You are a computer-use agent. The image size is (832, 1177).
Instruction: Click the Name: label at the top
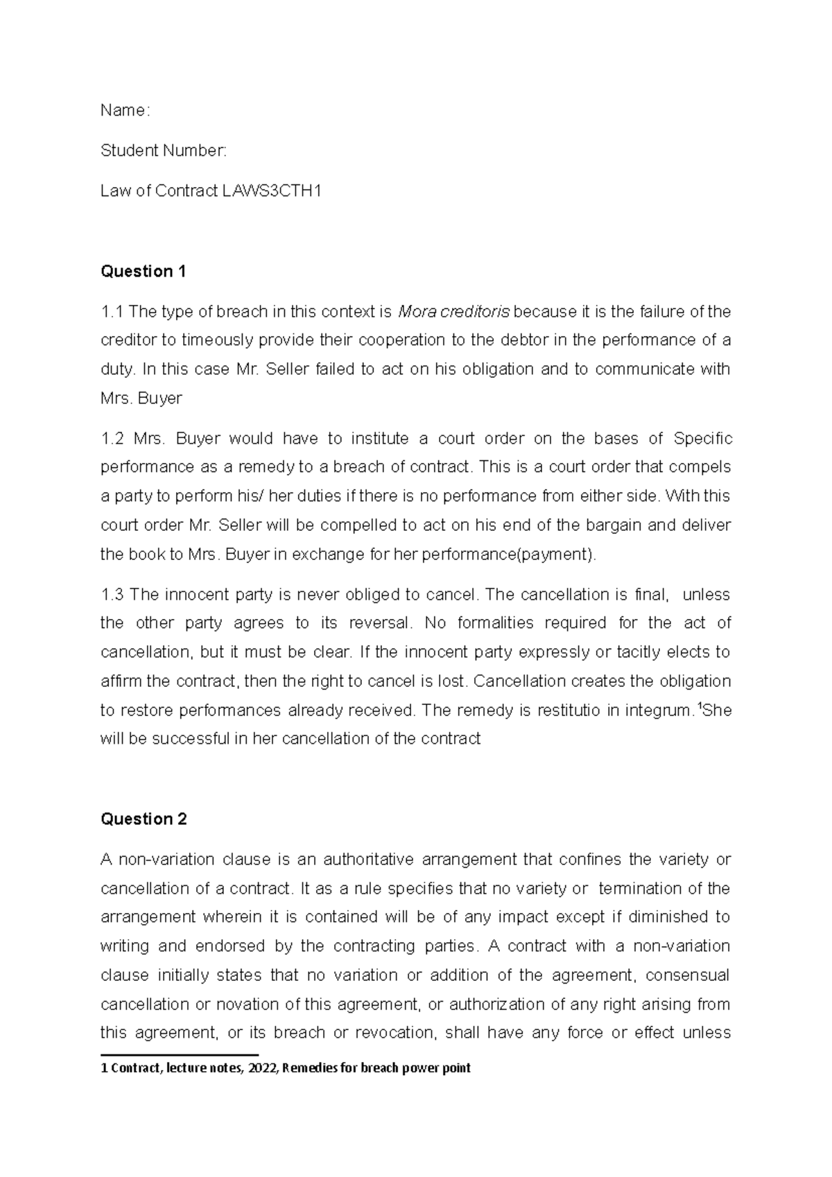pyautogui.click(x=125, y=110)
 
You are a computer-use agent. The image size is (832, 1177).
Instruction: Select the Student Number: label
pyautogui.click(x=164, y=150)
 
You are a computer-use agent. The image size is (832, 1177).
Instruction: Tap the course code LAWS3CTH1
pyautogui.click(x=272, y=191)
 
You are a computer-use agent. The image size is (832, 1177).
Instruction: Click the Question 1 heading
pyautogui.click(x=144, y=271)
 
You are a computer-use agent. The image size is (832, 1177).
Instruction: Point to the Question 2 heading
pyautogui.click(x=144, y=819)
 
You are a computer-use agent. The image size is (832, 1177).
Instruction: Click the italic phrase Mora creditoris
pyautogui.click(x=453, y=312)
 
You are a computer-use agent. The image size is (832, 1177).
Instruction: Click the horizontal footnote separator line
pyautogui.click(x=180, y=1054)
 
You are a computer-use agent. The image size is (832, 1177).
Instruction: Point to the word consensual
pyautogui.click(x=687, y=975)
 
